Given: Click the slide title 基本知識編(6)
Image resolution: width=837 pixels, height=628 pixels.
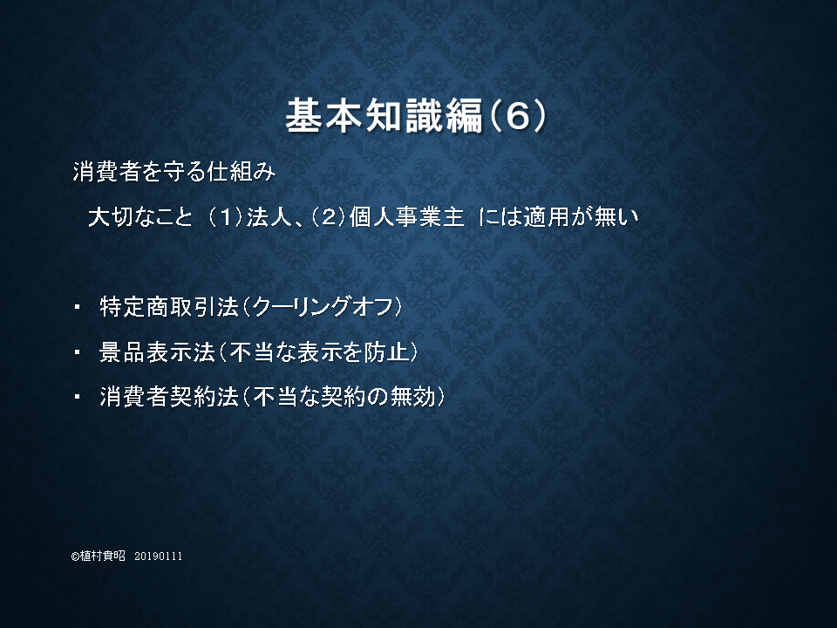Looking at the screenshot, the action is tap(416, 115).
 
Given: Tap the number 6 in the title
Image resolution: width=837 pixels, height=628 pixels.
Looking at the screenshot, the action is tap(517, 116).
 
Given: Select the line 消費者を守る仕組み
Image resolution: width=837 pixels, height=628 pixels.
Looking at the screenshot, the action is tap(174, 172).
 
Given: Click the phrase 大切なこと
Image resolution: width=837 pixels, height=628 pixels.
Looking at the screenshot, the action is tap(140, 217).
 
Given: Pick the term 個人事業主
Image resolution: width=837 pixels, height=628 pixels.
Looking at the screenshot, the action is tap(407, 217).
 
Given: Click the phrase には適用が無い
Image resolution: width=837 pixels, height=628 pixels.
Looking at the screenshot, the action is tap(558, 217).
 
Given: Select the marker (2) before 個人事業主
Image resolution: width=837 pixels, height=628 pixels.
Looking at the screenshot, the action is tap(330, 217).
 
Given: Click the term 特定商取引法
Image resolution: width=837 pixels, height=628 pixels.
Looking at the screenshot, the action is tap(169, 307).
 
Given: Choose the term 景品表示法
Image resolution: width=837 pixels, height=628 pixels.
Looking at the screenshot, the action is tap(158, 352).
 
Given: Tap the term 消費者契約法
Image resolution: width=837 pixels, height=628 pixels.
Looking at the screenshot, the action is tap(169, 397).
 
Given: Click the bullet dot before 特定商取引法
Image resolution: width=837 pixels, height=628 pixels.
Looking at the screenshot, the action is tap(78, 307).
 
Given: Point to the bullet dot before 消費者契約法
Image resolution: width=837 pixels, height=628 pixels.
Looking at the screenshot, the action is tap(78, 397).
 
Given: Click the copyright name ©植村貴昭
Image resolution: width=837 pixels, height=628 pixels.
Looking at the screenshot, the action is tap(99, 556).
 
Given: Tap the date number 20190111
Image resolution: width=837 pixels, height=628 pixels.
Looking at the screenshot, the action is tap(159, 556).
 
